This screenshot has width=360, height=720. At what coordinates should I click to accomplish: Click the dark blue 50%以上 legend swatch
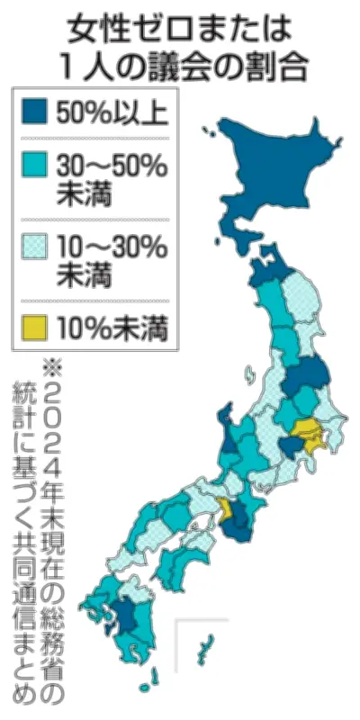click(33, 112)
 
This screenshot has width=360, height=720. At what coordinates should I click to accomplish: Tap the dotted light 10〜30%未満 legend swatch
click(33, 244)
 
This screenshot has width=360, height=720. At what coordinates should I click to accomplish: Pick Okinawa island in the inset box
click(205, 645)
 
